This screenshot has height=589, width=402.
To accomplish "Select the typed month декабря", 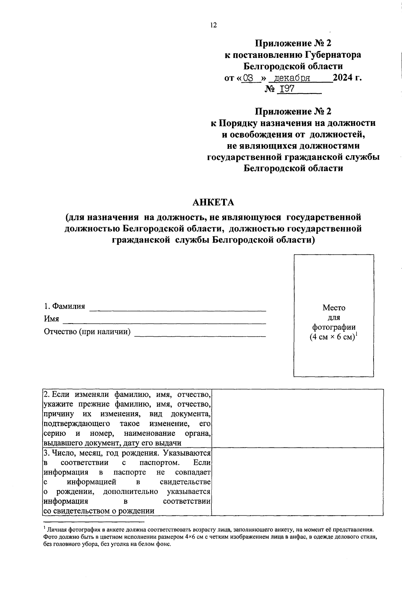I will coord(292,79).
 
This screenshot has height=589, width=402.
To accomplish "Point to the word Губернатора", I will coord(333,55).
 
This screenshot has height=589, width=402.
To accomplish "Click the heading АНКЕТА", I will coord(213,202).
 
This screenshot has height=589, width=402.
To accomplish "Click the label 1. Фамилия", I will coord(65,306).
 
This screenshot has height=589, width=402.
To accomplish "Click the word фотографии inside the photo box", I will coord(334,327).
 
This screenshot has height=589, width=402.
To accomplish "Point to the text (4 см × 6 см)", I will coord(332,337).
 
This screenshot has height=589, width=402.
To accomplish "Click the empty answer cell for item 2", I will coord(298,418).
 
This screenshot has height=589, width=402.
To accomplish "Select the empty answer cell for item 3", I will coord(298,482).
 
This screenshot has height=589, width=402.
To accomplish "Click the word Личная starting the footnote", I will coord(57,530).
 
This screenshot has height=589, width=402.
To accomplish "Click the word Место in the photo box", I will coord(334,308).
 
